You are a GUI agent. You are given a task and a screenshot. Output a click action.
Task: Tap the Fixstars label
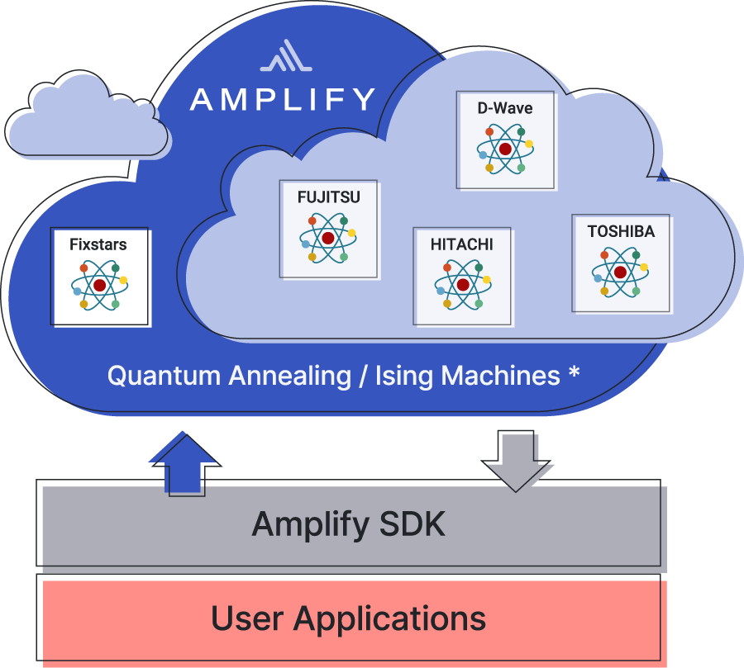pos(98,244)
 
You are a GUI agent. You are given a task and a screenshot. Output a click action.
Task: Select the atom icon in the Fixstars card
pos(99,285)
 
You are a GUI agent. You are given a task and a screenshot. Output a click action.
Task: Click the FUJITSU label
pos(329,197)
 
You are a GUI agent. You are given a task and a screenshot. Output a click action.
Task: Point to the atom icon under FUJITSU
pos(328,238)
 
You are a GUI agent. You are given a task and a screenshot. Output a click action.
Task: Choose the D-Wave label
pos(504,108)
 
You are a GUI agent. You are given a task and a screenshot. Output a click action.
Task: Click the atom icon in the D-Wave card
pos(504,149)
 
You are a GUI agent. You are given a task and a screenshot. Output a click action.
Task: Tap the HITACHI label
pos(461,244)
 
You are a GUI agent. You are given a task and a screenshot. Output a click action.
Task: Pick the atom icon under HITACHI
pos(462,284)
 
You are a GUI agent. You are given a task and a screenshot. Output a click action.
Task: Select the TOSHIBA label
pos(621,232)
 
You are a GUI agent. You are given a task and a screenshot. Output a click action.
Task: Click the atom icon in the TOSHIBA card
pos(620,272)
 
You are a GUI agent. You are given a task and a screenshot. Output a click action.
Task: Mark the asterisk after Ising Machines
pos(574,374)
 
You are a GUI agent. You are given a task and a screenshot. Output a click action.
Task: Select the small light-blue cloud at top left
pos(86,121)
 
